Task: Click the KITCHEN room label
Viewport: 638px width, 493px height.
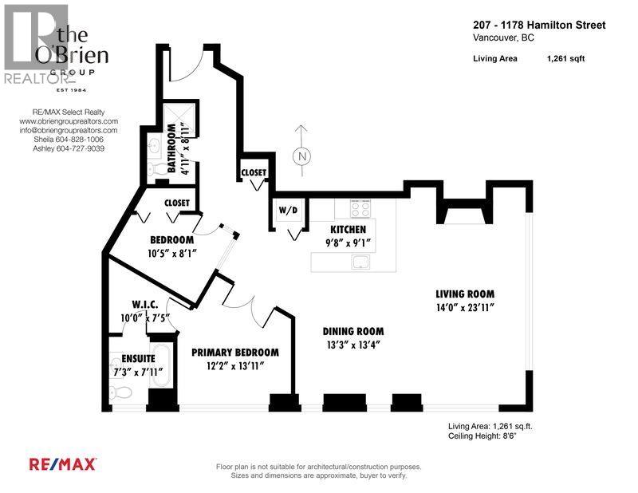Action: (344, 229)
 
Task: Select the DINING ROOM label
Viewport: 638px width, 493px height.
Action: (353, 331)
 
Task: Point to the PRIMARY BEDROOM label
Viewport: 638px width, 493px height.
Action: (235, 352)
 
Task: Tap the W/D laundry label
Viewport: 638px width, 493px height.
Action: (287, 211)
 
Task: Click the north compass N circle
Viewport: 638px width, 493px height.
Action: (301, 156)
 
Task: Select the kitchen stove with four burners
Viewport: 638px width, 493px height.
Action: (359, 209)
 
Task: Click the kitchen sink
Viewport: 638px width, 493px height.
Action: (364, 262)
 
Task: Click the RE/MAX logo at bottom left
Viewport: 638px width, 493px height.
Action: (63, 463)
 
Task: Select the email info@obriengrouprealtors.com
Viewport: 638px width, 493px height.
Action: (69, 130)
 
